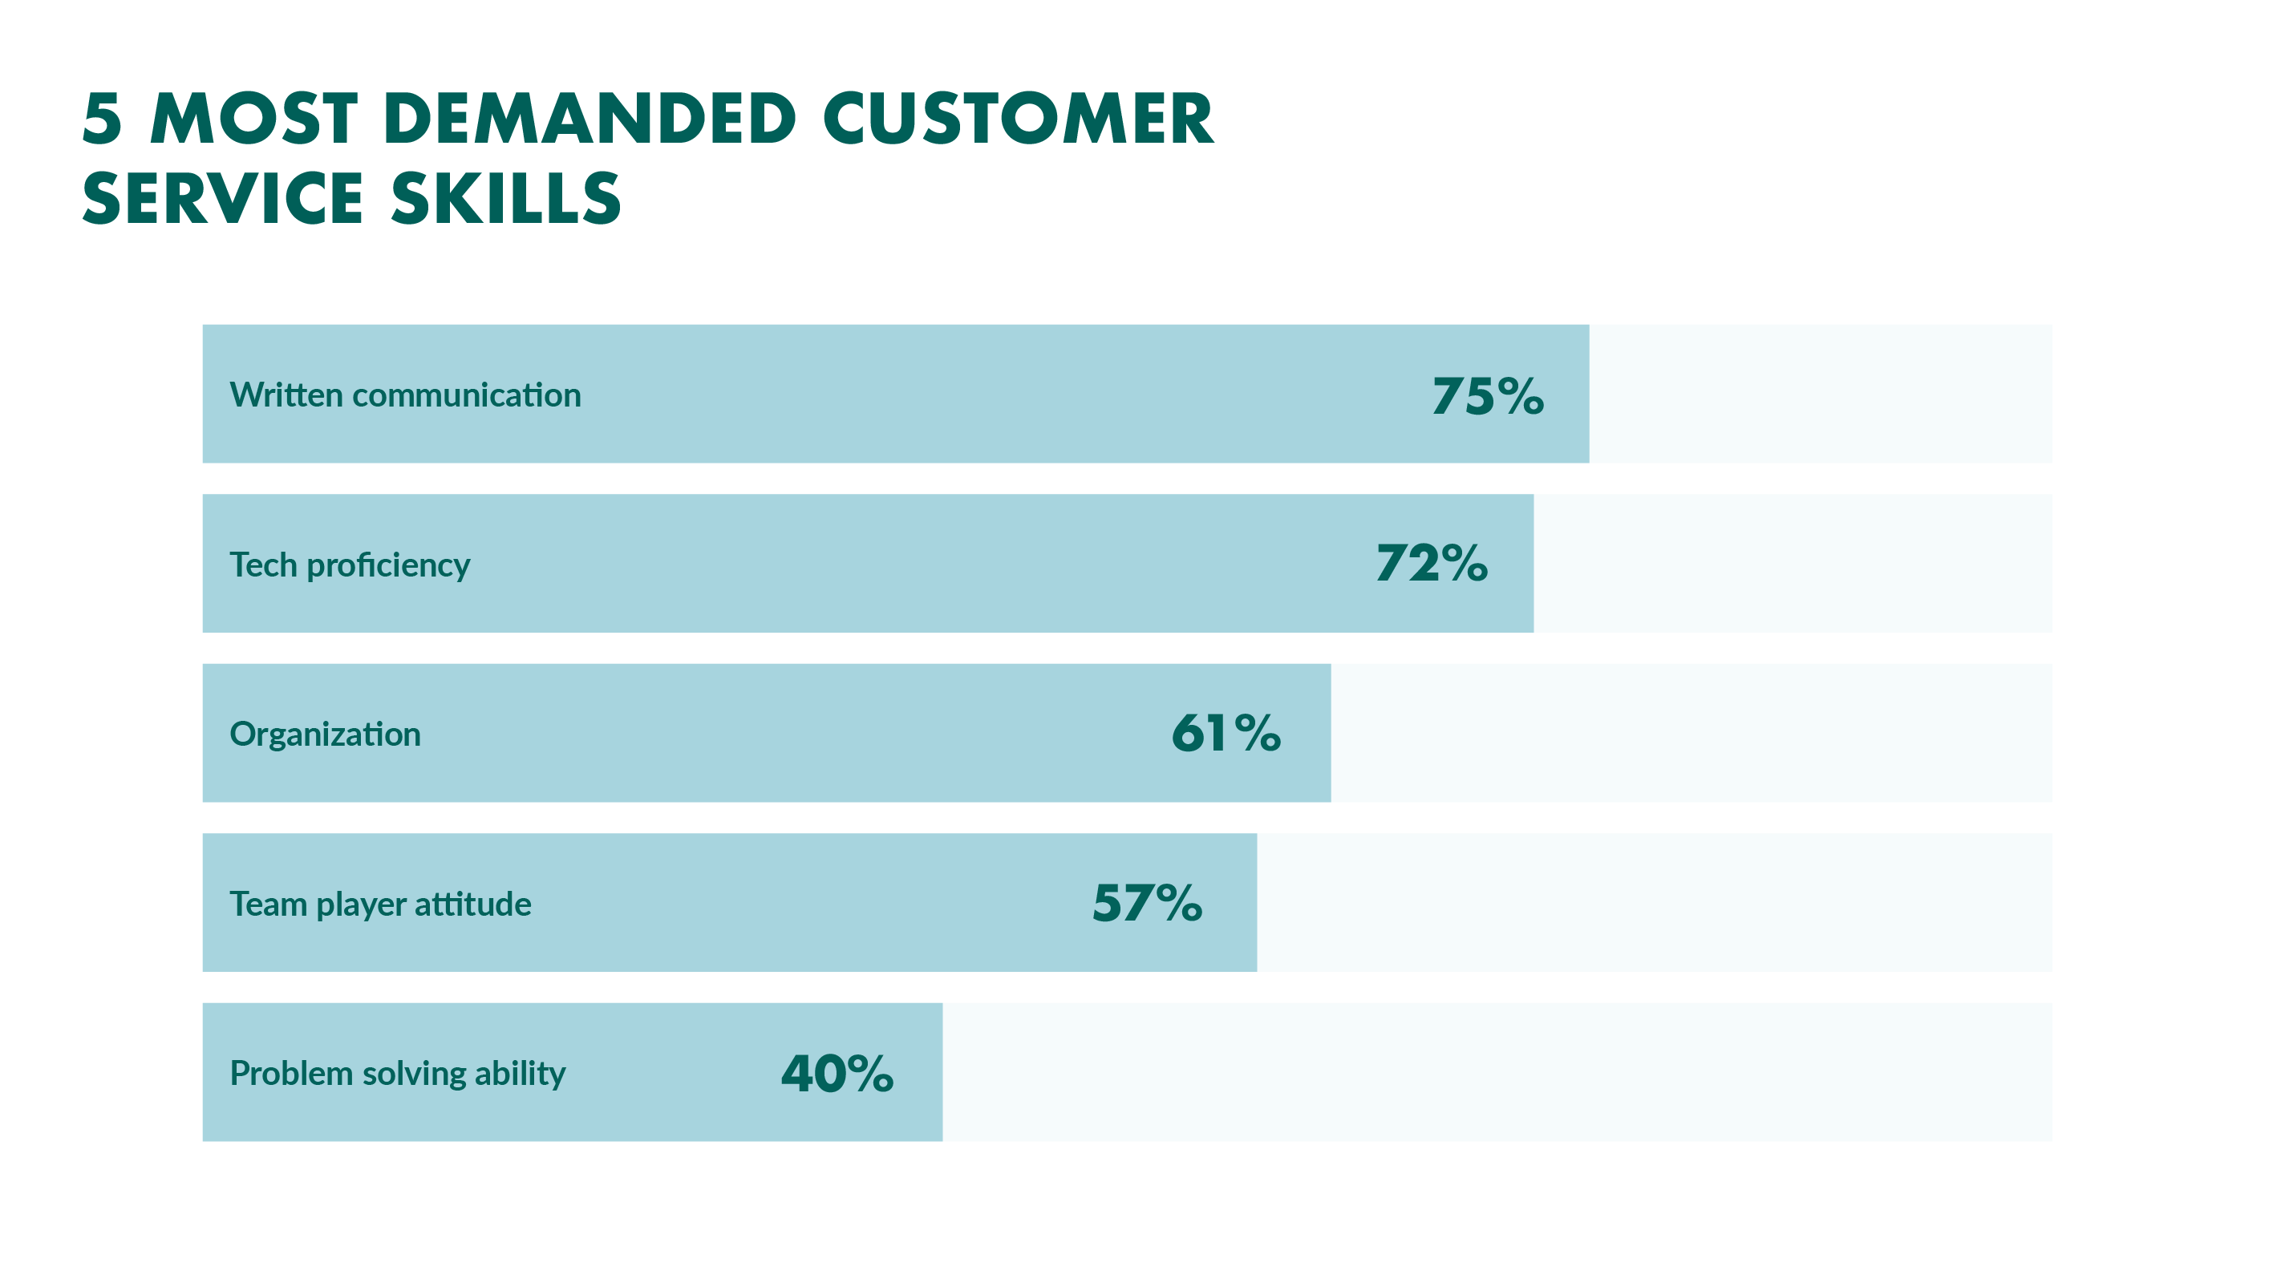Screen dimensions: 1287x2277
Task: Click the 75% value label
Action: tap(1488, 395)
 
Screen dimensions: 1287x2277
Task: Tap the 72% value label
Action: tap(1431, 563)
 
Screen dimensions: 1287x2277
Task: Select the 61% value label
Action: tap(1226, 733)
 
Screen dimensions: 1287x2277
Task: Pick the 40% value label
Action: tap(837, 1073)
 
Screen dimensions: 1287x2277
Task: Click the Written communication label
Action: tap(405, 395)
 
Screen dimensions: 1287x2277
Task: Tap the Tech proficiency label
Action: tap(349, 565)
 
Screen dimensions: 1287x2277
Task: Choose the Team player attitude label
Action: tap(380, 905)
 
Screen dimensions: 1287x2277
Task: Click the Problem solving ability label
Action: tap(397, 1074)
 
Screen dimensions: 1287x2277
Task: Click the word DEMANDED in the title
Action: tap(590, 119)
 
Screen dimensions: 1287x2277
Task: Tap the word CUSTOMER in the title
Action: tap(1019, 119)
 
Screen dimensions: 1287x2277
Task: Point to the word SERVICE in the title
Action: tap(223, 198)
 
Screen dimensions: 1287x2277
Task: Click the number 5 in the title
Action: tap(102, 119)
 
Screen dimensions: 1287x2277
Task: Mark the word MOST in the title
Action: tap(254, 119)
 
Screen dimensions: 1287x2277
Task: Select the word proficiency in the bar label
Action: tap(388, 565)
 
